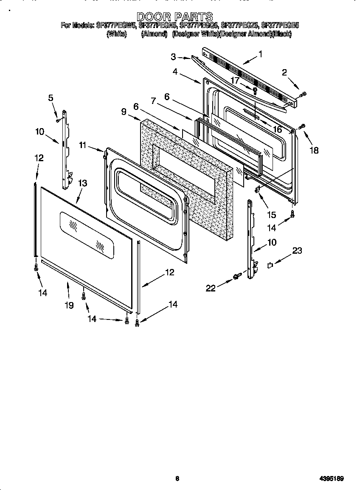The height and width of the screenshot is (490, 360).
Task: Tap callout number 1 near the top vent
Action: (260, 54)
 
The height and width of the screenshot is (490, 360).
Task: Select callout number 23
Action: (297, 251)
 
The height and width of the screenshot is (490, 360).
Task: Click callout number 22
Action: (211, 288)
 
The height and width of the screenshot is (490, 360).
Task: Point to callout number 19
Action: (69, 305)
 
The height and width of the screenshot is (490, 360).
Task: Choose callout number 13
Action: (83, 183)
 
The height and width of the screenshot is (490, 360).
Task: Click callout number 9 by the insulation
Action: (124, 112)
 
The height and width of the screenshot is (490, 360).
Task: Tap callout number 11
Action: (82, 146)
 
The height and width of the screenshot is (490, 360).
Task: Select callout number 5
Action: (51, 98)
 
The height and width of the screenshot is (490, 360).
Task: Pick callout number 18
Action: (314, 150)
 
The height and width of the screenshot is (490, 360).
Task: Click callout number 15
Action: (271, 215)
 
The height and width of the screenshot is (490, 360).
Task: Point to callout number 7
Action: (153, 101)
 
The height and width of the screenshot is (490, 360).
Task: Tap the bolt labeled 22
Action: (236, 277)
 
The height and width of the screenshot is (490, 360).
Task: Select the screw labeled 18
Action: (302, 126)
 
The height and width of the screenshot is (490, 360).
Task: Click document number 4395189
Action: (332, 479)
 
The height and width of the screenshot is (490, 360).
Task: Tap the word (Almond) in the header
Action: (154, 34)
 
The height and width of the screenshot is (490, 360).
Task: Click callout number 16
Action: (277, 129)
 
